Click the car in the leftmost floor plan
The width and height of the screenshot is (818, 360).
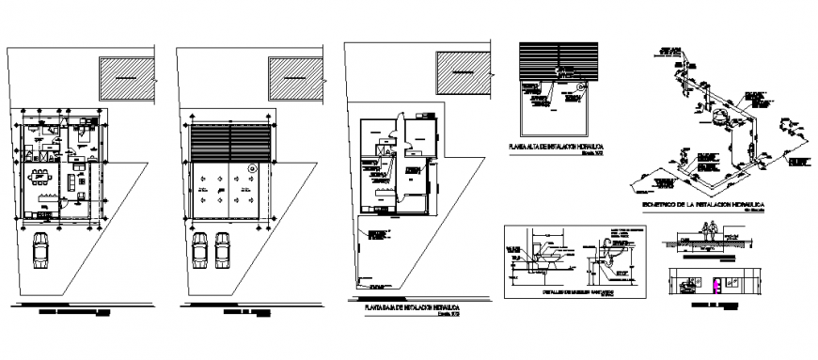(x=42, y=250)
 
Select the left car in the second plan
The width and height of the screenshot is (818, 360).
(x=201, y=250)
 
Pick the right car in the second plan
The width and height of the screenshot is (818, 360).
(x=223, y=250)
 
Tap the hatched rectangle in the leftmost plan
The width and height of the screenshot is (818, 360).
(x=125, y=78)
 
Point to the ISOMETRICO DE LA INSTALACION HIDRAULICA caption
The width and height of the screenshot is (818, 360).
(x=707, y=204)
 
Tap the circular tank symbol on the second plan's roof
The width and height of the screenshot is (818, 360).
(x=252, y=168)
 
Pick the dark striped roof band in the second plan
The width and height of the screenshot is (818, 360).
(x=229, y=145)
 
